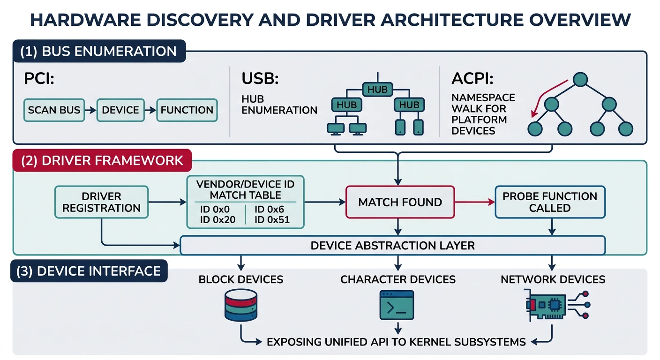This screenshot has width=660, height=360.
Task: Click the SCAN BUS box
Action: pos(54,110)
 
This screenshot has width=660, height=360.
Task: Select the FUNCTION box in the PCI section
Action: pos(187,110)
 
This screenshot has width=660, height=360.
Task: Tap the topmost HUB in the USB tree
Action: pos(377,89)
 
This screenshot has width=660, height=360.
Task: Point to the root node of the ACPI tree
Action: pos(580,80)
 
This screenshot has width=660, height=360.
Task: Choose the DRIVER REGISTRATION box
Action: pos(102,202)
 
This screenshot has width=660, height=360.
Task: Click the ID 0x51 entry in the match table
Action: pos(272,219)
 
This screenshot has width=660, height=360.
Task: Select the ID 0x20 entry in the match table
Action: pos(217,219)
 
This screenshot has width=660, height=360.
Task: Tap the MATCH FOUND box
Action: pos(400,202)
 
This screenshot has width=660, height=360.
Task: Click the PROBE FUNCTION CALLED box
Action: pos(550,202)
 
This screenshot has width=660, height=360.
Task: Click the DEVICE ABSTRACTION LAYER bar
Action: pos(392,245)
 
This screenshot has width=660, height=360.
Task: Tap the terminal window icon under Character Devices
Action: pos(397,305)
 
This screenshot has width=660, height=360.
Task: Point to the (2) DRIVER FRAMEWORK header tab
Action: pos(102,160)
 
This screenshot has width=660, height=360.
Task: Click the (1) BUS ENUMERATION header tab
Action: pos(99,51)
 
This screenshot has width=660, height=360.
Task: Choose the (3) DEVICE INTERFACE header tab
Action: pos(89,270)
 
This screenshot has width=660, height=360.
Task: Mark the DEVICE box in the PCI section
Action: pos(120,110)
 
